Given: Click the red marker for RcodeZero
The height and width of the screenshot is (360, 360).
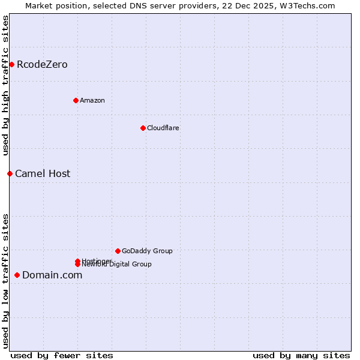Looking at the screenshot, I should pyautogui.click(x=11, y=64).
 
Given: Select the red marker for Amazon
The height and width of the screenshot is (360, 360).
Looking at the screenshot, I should pyautogui.click(x=76, y=100).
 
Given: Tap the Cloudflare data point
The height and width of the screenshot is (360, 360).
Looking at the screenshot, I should pyautogui.click(x=143, y=128).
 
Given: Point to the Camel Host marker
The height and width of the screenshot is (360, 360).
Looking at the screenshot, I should pyautogui.click(x=10, y=173).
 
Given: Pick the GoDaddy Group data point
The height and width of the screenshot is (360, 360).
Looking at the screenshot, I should pyautogui.click(x=118, y=251).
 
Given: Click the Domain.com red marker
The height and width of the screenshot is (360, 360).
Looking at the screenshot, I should pyautogui.click(x=17, y=275).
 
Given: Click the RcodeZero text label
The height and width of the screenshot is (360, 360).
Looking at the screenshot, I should pyautogui.click(x=42, y=64).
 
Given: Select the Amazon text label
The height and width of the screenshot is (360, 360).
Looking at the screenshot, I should pyautogui.click(x=92, y=100).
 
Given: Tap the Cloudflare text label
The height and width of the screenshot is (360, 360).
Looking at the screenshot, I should pyautogui.click(x=163, y=128).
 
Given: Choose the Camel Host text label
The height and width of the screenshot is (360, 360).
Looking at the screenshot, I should pyautogui.click(x=43, y=173).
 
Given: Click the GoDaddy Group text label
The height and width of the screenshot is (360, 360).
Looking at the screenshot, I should pyautogui.click(x=147, y=251).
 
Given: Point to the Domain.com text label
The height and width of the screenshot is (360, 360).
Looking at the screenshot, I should pyautogui.click(x=52, y=275).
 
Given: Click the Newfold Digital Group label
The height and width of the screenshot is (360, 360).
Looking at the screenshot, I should pyautogui.click(x=117, y=265).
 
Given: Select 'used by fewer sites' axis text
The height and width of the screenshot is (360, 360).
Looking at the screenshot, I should pyautogui.click(x=62, y=355).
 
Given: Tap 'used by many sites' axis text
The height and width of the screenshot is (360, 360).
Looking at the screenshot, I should pyautogui.click(x=301, y=355).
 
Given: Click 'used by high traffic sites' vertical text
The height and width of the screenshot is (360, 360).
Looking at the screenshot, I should pyautogui.click(x=6, y=85).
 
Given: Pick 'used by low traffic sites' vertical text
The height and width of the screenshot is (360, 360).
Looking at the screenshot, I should pyautogui.click(x=6, y=281).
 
